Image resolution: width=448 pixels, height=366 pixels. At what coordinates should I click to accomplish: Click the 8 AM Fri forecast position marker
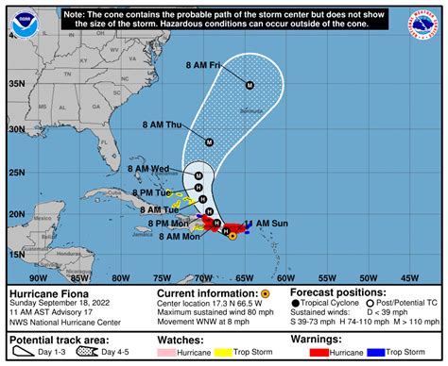[x=250, y=85]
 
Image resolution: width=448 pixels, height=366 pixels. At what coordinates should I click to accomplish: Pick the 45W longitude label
[x=408, y=277]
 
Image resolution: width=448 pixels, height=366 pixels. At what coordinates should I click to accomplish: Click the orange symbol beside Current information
[x=266, y=293]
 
